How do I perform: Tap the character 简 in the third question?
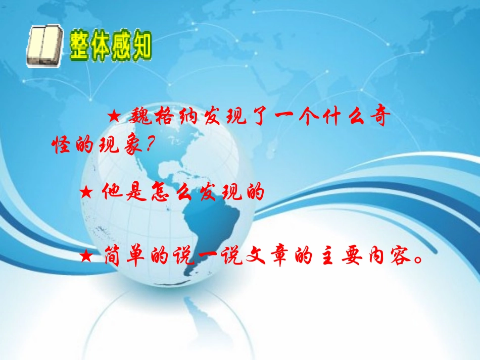pos(113,258)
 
